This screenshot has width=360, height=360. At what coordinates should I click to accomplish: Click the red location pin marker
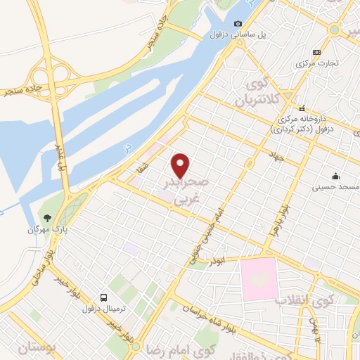click(x=181, y=165)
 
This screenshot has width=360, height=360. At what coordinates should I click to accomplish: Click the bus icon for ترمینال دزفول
click(x=104, y=297)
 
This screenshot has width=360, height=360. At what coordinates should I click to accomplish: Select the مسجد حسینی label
click(x=338, y=188)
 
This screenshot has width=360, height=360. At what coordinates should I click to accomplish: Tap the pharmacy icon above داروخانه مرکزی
click(x=302, y=109)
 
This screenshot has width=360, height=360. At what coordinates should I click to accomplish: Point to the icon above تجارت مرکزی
click(x=317, y=52)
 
